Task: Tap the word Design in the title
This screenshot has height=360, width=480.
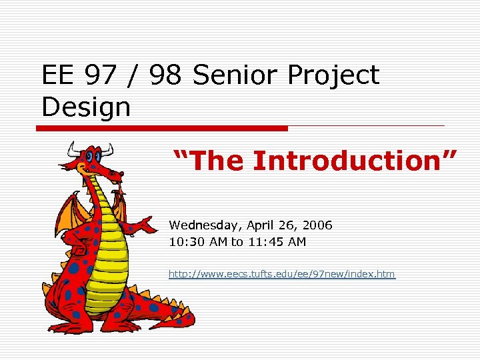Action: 86,107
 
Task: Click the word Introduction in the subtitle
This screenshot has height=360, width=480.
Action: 354,161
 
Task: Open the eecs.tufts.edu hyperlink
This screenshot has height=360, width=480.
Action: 281,274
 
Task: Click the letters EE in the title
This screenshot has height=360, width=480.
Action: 59,76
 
